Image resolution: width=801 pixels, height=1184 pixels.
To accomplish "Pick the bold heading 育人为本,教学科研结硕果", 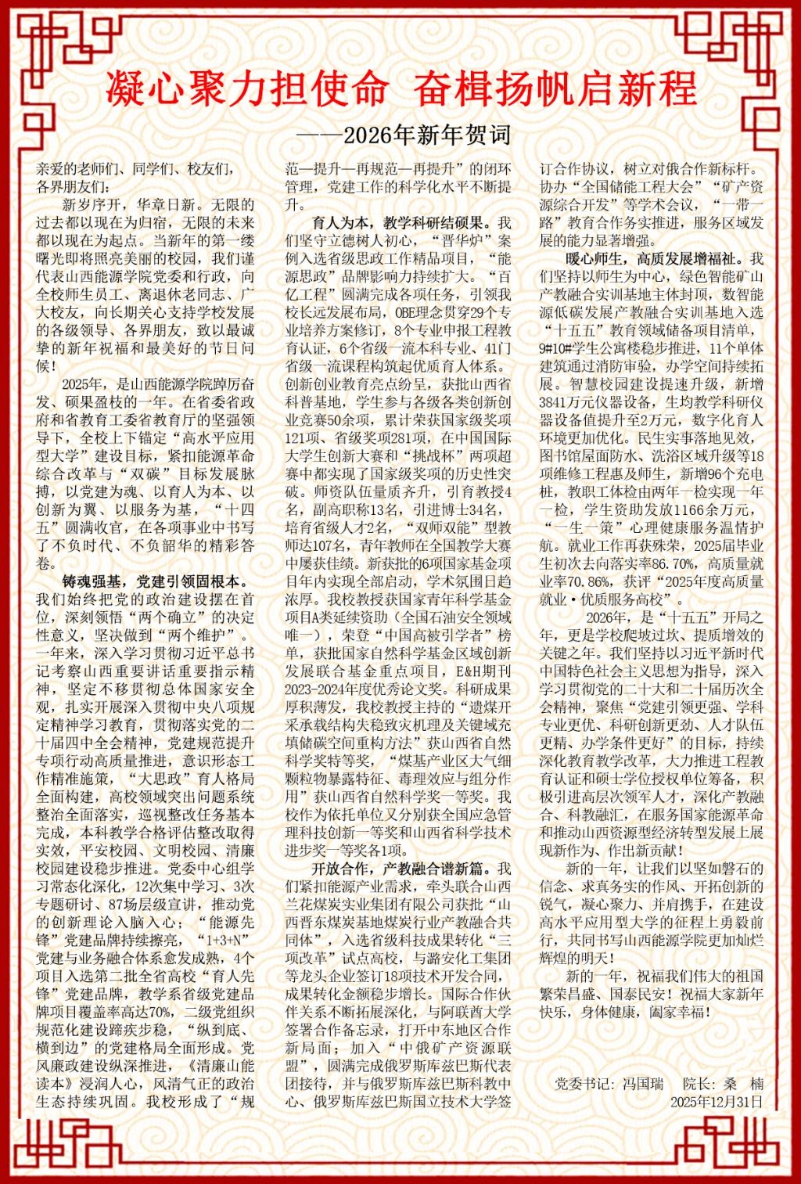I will point(401,222).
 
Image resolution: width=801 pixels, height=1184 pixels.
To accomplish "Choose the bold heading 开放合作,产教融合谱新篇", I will point(401,869).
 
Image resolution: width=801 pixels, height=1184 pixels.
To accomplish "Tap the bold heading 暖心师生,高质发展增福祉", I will point(652,258).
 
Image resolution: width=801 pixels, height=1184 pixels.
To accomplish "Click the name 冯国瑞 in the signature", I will point(643,1084).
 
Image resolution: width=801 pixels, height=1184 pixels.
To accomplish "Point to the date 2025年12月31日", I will point(716,1102).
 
